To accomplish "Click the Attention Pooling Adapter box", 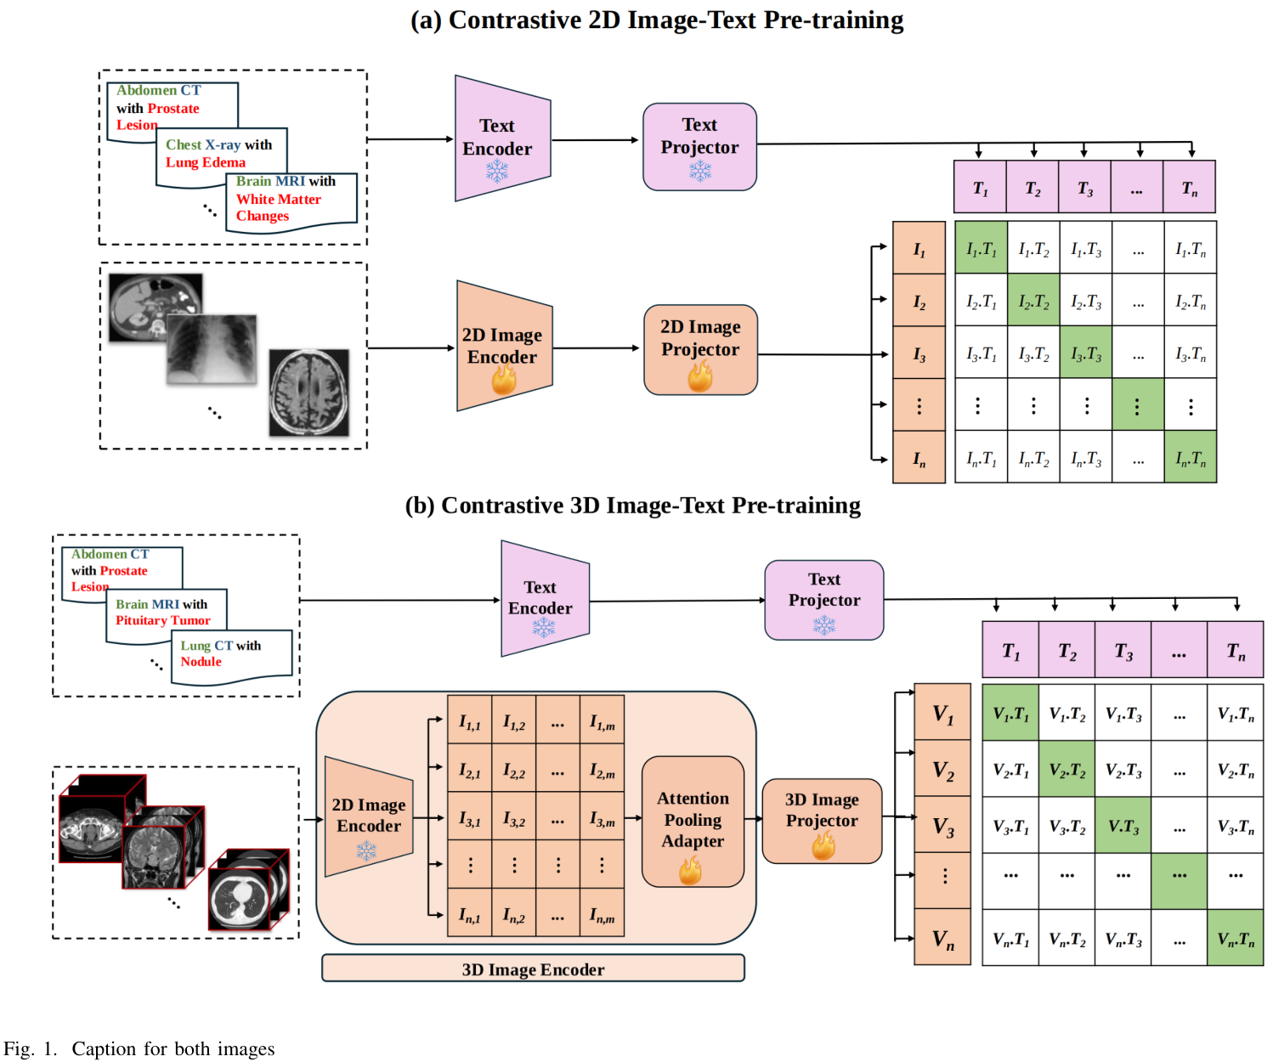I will tap(693, 821).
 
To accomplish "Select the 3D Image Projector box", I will tap(822, 821).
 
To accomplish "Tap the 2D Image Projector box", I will tap(700, 349).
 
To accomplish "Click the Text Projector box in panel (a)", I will tap(699, 146).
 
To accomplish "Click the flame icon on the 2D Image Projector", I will tap(700, 376).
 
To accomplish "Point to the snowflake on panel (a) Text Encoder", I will tap(497, 172).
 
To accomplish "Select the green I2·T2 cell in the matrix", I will tap(1033, 301).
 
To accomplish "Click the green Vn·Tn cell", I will tap(1235, 938).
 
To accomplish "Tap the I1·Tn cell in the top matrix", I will tap(1190, 248).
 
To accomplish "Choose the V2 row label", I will tap(942, 770).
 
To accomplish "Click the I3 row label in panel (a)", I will tap(919, 353).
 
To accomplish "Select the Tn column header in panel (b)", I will tap(1235, 651).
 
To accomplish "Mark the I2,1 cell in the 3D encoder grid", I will tap(470, 770).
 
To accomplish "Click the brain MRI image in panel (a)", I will tap(309, 393).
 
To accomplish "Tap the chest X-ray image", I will tap(212, 349).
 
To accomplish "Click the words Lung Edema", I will tap(206, 162).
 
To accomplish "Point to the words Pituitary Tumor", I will tap(163, 620).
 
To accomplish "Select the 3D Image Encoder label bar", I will tap(533, 969).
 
